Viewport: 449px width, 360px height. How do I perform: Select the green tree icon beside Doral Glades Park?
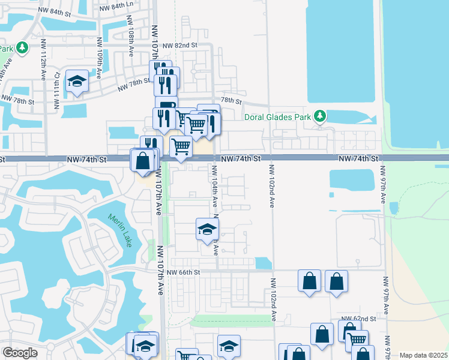pyautogui.click(x=321, y=115)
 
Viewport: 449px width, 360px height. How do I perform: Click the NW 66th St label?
pyautogui.click(x=184, y=272)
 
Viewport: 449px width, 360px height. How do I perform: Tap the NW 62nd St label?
pyautogui.click(x=358, y=319)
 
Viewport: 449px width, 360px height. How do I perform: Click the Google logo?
pyautogui.click(x=20, y=353)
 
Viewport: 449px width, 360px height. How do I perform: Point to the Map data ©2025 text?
pyautogui.click(x=423, y=355)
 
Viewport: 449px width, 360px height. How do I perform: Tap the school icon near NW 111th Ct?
pyautogui.click(x=77, y=81)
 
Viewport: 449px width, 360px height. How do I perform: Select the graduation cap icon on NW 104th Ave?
pyautogui.click(x=207, y=229)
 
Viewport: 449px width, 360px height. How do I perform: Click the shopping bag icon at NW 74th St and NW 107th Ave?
pyautogui.click(x=143, y=161)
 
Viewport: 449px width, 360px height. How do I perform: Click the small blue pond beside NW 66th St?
pyautogui.click(x=262, y=263)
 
